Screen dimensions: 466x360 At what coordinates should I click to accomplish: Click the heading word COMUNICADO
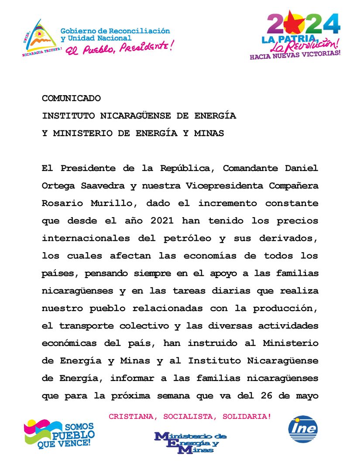(x=71, y=99)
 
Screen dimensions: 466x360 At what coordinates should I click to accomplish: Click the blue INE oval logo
(x=303, y=429)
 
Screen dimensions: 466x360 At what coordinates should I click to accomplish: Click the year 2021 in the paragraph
(x=161, y=221)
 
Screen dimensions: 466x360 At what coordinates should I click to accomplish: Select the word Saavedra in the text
(x=99, y=186)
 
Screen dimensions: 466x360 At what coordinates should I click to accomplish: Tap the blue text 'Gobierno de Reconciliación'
(x=115, y=31)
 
